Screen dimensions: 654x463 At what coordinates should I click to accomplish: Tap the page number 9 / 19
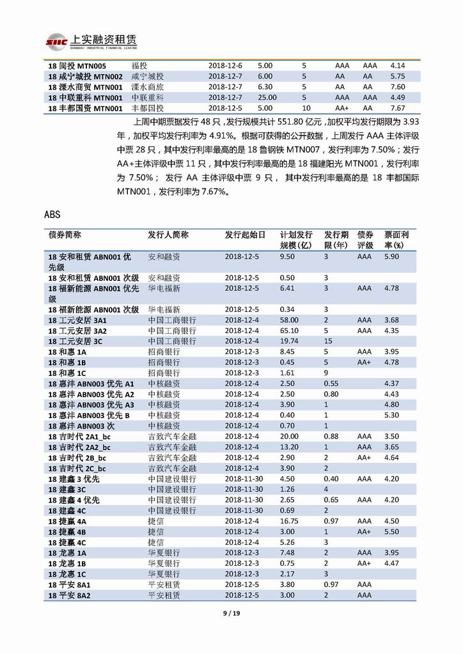(x=231, y=614)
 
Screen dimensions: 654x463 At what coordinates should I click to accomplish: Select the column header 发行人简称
(x=168, y=235)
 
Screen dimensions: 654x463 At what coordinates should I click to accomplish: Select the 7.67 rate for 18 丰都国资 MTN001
(x=398, y=108)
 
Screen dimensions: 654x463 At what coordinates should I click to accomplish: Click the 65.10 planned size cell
(x=289, y=331)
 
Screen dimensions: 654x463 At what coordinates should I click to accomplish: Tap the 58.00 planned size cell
(x=289, y=320)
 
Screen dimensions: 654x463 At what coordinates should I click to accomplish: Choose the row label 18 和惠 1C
(x=68, y=372)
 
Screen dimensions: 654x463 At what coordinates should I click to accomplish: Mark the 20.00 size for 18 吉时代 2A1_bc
(x=289, y=435)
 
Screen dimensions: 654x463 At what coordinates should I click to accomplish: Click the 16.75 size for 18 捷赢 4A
(x=289, y=520)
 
